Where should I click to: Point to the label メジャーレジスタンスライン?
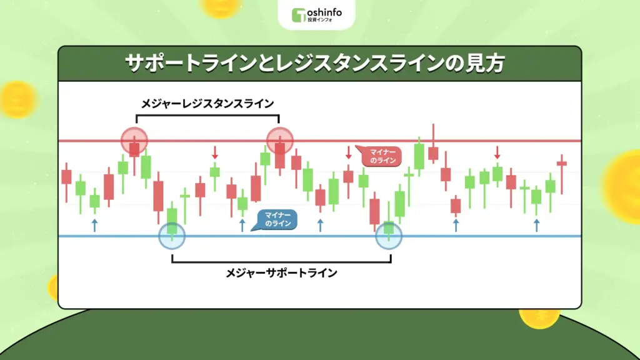point(207,103)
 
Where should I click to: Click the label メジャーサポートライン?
point(281,272)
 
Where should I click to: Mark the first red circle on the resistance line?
point(134,141)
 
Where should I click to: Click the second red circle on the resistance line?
point(279,141)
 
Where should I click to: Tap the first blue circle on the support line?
point(172,236)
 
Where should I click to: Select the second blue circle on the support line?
point(389,236)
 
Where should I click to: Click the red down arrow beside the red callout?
point(349,152)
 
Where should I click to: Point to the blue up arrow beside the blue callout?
point(242,225)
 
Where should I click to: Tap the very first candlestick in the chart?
point(66,177)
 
